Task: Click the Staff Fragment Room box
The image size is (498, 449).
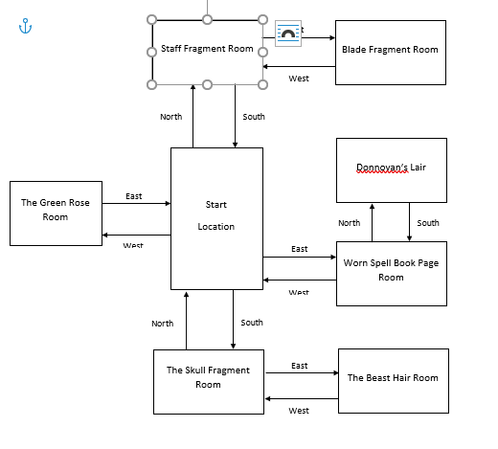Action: tap(207, 50)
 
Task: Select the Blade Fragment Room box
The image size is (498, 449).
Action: tap(390, 50)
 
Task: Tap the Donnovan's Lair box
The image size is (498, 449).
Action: tap(390, 169)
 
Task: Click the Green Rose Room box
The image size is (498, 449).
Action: tap(56, 211)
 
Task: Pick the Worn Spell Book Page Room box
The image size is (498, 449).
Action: tap(391, 271)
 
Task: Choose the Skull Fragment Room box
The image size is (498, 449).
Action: tap(208, 378)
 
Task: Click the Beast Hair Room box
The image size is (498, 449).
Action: tap(393, 378)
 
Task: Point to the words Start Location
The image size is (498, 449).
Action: tap(215, 216)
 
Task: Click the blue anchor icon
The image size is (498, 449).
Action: tap(26, 25)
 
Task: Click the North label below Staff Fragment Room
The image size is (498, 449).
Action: tap(170, 117)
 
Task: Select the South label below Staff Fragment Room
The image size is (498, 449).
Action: tap(254, 117)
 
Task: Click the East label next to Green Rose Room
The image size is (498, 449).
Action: tap(133, 196)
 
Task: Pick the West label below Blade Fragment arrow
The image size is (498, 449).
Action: tap(299, 78)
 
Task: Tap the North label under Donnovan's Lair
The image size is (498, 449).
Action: tap(350, 223)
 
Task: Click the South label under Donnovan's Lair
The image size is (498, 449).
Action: tap(428, 223)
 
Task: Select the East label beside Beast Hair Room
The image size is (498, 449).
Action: tap(300, 366)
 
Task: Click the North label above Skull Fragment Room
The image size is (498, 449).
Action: tap(163, 324)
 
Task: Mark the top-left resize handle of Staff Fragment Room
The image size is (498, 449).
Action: tap(151, 19)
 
